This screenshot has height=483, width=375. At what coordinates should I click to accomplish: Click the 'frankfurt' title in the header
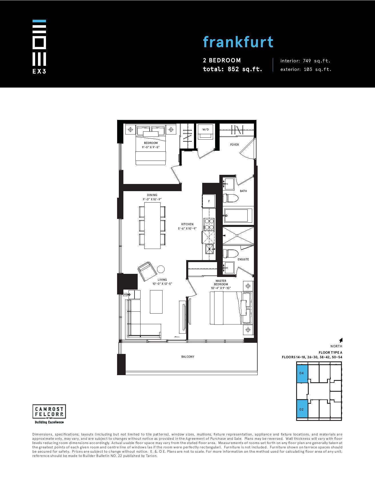tap(238, 42)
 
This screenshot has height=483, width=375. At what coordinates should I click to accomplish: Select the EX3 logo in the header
tap(39, 47)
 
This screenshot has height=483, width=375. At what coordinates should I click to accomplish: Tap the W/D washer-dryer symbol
tap(206, 132)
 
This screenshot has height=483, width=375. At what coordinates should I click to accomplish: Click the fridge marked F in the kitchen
tap(209, 201)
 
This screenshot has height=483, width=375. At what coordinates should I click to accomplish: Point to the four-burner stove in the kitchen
tap(209, 224)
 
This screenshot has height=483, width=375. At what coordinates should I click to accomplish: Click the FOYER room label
tap(234, 145)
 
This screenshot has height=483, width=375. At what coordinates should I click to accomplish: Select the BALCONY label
tap(188, 357)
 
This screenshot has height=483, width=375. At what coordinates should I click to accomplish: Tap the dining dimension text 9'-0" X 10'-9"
tap(152, 199)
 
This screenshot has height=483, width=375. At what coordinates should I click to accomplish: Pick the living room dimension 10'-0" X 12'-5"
tap(162, 284)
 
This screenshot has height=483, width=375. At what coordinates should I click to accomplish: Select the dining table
tap(152, 225)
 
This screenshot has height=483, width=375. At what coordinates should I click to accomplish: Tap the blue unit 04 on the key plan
tap(302, 374)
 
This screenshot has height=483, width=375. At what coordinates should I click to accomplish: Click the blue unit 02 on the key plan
tap(302, 409)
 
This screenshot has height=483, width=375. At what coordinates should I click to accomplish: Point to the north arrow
tap(341, 340)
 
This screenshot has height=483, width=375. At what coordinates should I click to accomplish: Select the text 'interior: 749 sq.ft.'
tap(305, 61)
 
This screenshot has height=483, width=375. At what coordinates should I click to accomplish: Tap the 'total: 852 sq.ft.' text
tap(232, 69)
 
